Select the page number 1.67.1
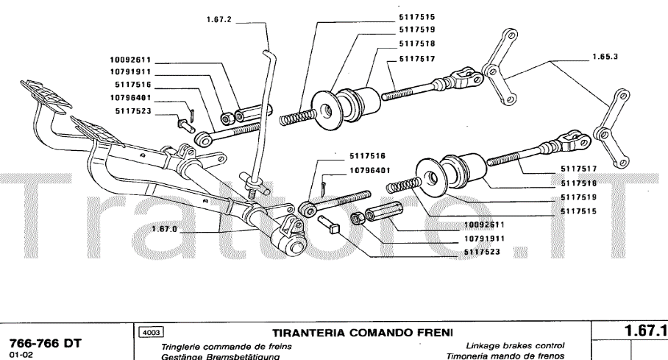point(645,331)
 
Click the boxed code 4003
point(152,333)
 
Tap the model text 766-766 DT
point(44,343)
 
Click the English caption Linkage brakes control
point(515,346)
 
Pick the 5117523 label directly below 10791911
point(483,252)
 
